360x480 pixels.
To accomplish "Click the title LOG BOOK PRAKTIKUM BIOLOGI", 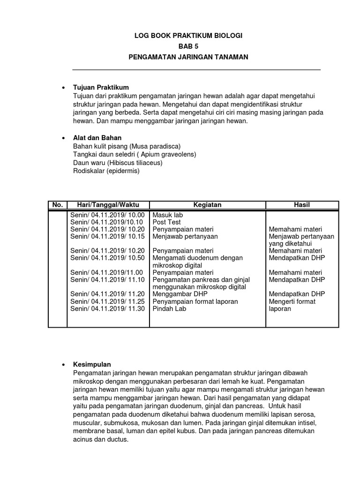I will click(x=188, y=36).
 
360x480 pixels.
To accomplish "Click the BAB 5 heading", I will click(x=188, y=46).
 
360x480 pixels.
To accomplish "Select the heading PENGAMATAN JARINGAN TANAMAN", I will click(x=188, y=57).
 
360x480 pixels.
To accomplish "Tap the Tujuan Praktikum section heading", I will click(x=101, y=88).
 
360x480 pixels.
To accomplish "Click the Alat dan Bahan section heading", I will click(x=97, y=138).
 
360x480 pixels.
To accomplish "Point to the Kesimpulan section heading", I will click(x=92, y=364).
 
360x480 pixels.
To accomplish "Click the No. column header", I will click(x=58, y=205).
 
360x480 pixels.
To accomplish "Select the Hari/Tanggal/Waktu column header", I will click(x=108, y=205).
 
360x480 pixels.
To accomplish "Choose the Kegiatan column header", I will click(x=207, y=205).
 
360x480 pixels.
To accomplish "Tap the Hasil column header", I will click(x=302, y=205).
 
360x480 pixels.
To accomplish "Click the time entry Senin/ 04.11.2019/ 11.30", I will click(x=107, y=309).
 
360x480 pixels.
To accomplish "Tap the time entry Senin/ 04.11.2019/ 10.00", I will click(x=107, y=214).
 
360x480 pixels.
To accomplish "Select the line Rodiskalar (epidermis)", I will click(x=106, y=171).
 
